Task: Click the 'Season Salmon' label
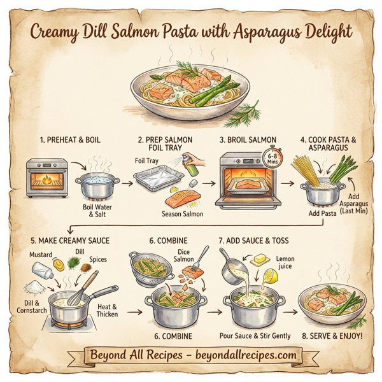181,213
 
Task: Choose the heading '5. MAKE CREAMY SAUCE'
69,241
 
